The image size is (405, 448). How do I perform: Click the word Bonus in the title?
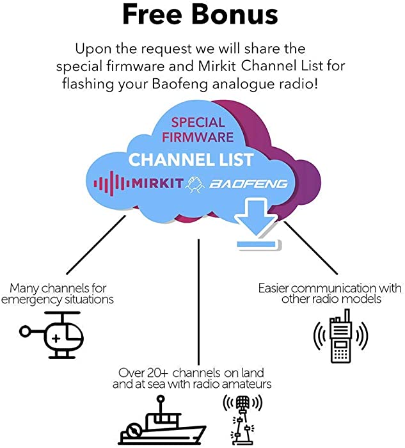pos(234,14)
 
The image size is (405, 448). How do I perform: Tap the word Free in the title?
pos(152,14)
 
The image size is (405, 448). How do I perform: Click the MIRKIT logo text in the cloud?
pos(157,183)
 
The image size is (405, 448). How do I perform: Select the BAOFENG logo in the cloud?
pos(248,184)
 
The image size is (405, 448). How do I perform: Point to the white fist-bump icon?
pos(195,184)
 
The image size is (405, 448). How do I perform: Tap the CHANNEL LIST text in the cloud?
pos(191,159)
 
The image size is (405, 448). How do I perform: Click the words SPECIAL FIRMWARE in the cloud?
pos(198,130)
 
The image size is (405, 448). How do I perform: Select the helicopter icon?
pos(52,335)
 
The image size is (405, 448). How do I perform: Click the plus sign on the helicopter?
pos(56,339)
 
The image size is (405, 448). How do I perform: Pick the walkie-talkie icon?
pos(340,336)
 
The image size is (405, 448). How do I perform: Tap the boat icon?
pos(162,420)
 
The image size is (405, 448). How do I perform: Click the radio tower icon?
pos(242,420)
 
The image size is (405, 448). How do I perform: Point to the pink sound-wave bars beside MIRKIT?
pos(111,183)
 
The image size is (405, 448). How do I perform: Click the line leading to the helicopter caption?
pos(96,245)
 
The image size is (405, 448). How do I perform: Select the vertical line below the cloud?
pos(198,302)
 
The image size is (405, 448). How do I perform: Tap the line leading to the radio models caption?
pos(311,248)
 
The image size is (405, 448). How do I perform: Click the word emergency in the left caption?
pos(32,300)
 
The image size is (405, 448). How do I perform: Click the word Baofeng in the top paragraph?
pos(180,84)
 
